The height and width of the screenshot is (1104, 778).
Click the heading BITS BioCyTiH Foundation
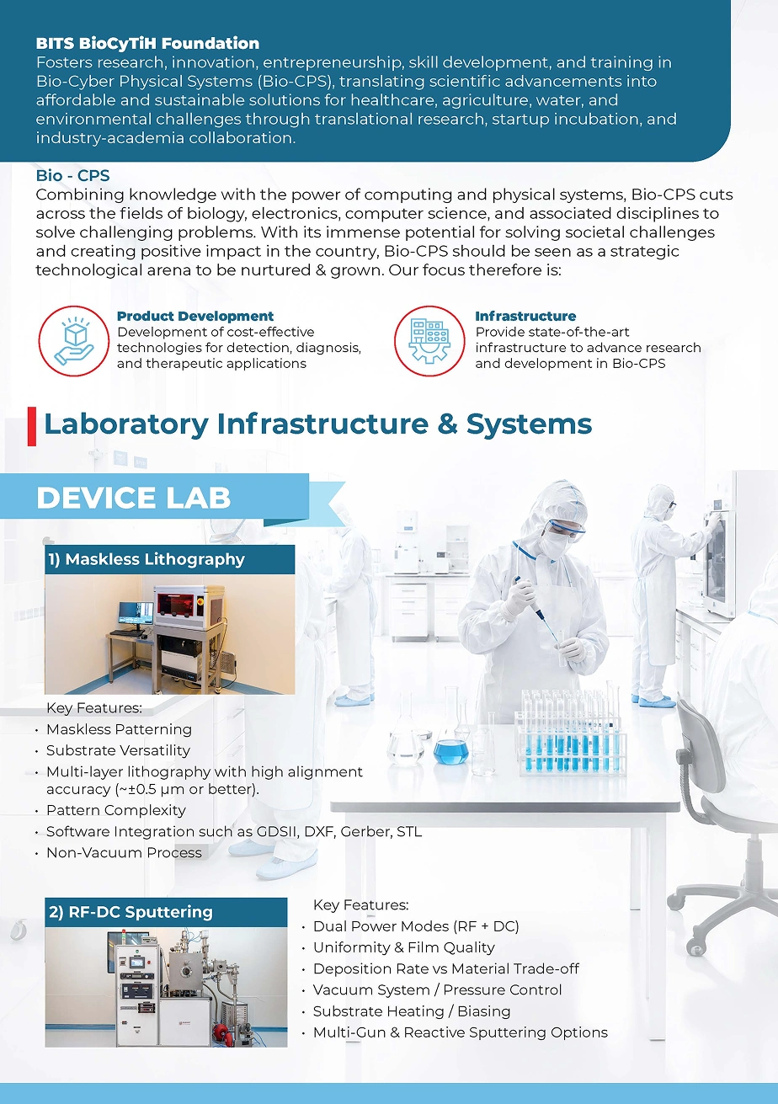pyautogui.click(x=147, y=44)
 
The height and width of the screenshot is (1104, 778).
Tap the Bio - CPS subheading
pyautogui.click(x=72, y=175)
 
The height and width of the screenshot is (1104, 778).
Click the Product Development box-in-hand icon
pyautogui.click(x=74, y=341)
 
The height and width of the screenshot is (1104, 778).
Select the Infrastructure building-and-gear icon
pyautogui.click(x=429, y=341)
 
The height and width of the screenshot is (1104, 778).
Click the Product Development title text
pyautogui.click(x=195, y=316)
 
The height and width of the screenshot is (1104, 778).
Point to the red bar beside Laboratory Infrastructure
pyautogui.click(x=32, y=426)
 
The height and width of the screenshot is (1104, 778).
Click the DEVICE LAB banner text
pyautogui.click(x=134, y=498)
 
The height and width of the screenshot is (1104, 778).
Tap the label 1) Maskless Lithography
pyautogui.click(x=146, y=559)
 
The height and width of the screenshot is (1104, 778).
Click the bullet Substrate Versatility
pyautogui.click(x=118, y=750)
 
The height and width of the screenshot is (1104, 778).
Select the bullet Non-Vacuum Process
pyautogui.click(x=124, y=852)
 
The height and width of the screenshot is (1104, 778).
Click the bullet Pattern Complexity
pyautogui.click(x=116, y=810)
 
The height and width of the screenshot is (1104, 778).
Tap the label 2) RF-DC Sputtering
pyautogui.click(x=131, y=912)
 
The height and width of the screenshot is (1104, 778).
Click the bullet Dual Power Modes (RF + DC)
pyautogui.click(x=416, y=926)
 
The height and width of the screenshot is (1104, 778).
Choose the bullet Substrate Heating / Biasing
pyautogui.click(x=412, y=1011)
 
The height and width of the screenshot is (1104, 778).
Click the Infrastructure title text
pyautogui.click(x=525, y=316)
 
